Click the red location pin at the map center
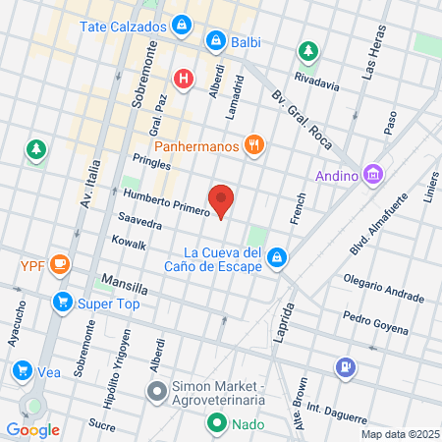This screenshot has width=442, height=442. click(x=222, y=199)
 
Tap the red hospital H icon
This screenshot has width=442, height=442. click(x=183, y=78)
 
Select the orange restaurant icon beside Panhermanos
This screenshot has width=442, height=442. click(x=254, y=144)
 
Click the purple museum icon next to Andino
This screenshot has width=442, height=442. click(x=371, y=176)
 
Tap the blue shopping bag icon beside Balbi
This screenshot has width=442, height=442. click(x=214, y=41)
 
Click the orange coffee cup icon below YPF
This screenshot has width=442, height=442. click(x=60, y=262)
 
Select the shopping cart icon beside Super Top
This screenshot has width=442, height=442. click(x=62, y=302)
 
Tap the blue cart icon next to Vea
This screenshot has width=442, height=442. click(x=22, y=370)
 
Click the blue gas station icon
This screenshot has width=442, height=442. click(x=345, y=368)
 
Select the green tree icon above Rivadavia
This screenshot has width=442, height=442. click(x=308, y=50)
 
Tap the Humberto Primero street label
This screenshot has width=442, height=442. click(x=167, y=200)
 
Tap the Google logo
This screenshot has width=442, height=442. click(x=33, y=429)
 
